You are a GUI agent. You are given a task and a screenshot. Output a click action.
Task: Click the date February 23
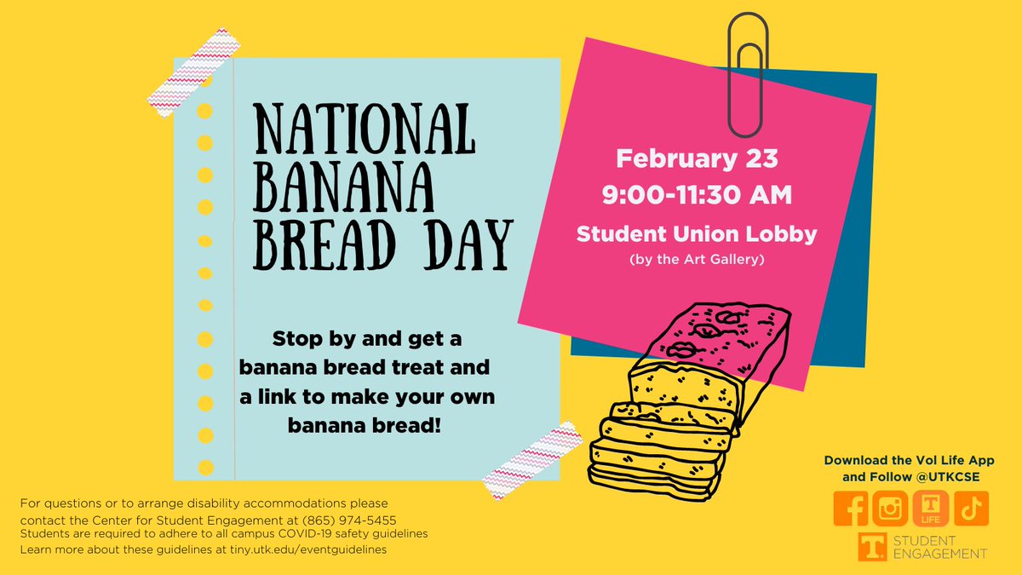(x=697, y=159)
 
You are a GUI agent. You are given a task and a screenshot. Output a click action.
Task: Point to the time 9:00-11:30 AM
(x=697, y=195)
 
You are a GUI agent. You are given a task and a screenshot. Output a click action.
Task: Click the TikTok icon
(x=970, y=509)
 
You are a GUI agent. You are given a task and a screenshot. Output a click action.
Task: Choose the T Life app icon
(x=931, y=509)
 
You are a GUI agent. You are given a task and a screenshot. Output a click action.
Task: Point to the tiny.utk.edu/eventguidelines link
(x=307, y=549)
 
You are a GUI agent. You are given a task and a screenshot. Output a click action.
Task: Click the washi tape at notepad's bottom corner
(x=520, y=463)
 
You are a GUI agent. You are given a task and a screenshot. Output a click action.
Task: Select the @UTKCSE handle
(x=947, y=477)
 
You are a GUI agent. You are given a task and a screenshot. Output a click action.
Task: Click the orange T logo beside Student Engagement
(x=873, y=547)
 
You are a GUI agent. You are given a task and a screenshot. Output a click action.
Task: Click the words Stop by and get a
(x=367, y=339)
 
